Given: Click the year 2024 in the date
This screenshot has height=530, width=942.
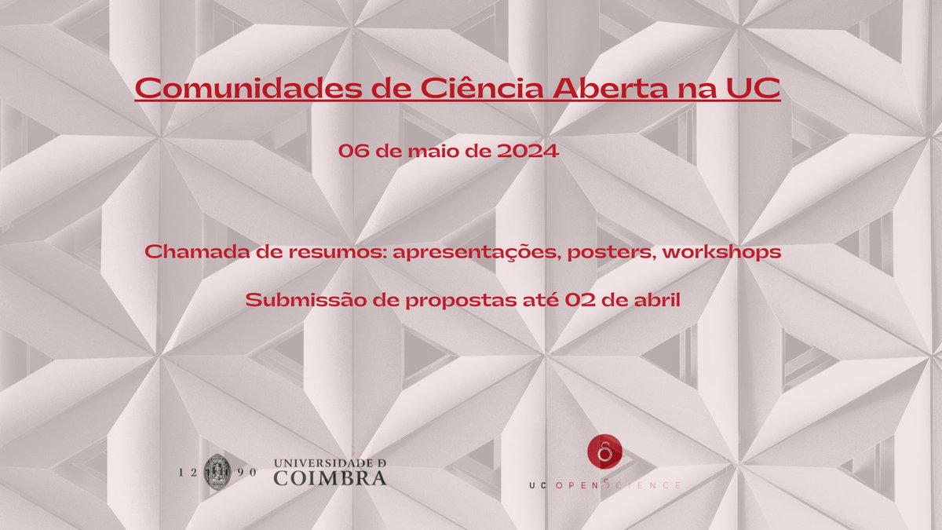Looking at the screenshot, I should [529, 152].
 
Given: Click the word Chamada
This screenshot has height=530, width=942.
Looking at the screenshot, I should [185, 254].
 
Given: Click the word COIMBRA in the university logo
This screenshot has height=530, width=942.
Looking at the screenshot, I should [330, 477].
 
